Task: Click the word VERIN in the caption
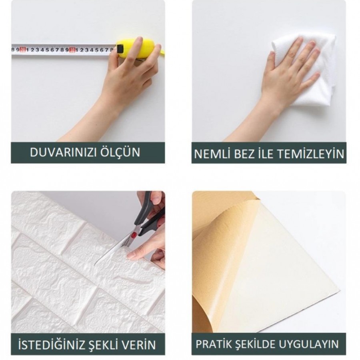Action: (137, 345)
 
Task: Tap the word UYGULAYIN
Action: (309, 344)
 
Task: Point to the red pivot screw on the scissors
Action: (134, 235)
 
